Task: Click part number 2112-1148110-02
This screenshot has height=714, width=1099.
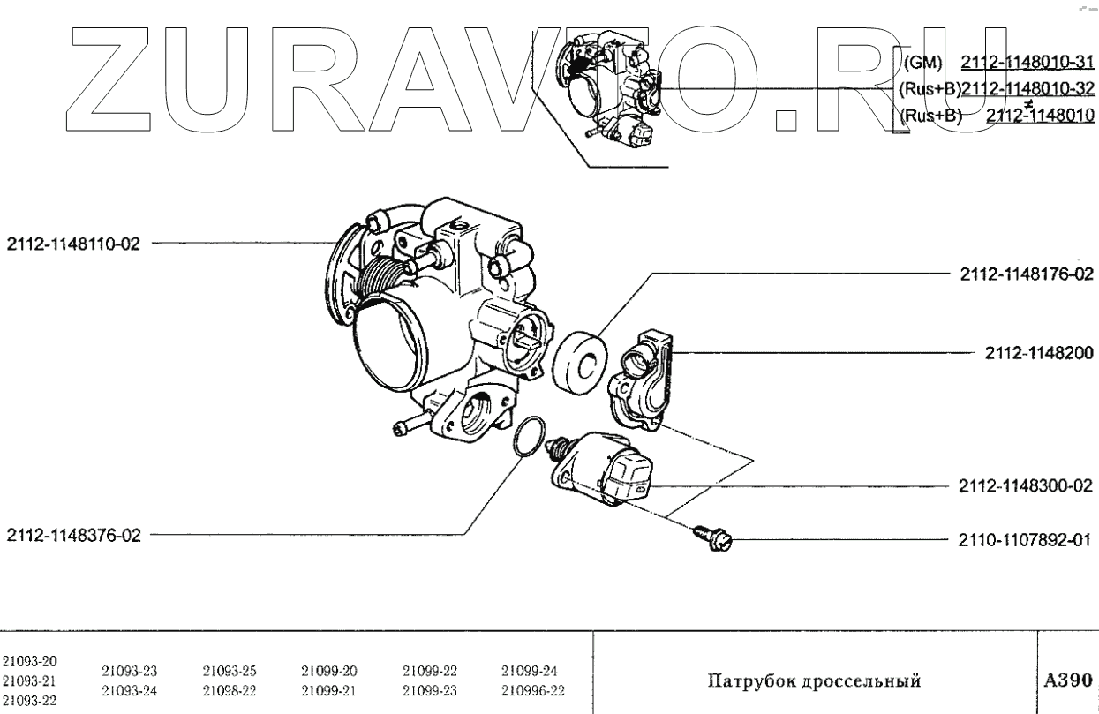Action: click(x=73, y=244)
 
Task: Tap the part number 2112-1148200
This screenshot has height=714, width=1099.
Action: click(x=1039, y=353)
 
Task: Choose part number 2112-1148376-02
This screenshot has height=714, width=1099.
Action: click(x=73, y=534)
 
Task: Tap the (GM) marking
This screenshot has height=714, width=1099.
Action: click(x=924, y=62)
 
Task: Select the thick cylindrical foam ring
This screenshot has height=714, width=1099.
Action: click(x=579, y=363)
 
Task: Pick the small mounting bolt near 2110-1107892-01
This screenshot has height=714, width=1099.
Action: click(x=713, y=534)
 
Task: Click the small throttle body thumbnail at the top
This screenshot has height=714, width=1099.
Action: click(x=613, y=88)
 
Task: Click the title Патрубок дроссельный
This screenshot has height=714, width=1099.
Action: click(x=814, y=681)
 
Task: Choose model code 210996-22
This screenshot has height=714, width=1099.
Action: click(x=533, y=690)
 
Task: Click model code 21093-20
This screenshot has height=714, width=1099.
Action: click(x=25, y=660)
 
